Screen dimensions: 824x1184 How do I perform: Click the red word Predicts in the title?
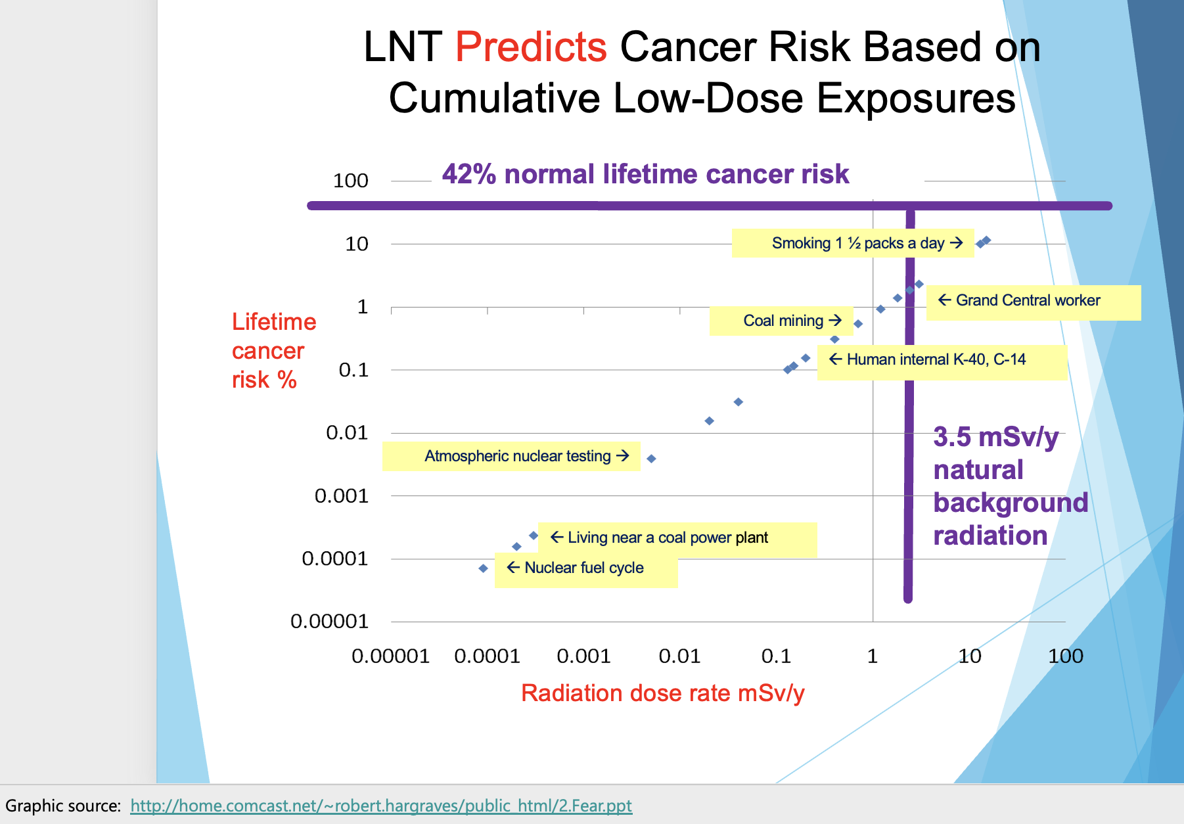(531, 47)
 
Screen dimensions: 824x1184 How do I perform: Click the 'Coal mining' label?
(783, 321)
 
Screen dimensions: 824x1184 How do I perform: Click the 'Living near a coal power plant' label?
(668, 538)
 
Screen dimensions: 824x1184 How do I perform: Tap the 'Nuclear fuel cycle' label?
(583, 568)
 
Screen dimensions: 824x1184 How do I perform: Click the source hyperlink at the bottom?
(381, 806)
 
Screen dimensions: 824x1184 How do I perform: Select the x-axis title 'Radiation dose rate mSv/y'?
(662, 694)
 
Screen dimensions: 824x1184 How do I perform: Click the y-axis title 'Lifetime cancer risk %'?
(273, 351)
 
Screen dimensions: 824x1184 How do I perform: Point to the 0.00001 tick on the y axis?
(329, 622)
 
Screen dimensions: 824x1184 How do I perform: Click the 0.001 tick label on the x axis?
(583, 656)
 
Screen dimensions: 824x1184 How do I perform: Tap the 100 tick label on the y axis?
(350, 181)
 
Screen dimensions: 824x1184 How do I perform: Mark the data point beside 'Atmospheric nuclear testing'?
(651, 459)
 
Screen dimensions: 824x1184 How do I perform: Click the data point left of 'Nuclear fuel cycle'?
(484, 568)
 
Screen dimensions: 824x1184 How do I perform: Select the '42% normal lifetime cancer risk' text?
(645, 175)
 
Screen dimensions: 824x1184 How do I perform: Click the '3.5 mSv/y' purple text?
(995, 438)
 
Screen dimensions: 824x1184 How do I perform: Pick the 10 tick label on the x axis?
(970, 656)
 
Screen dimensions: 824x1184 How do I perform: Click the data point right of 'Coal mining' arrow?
(858, 324)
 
